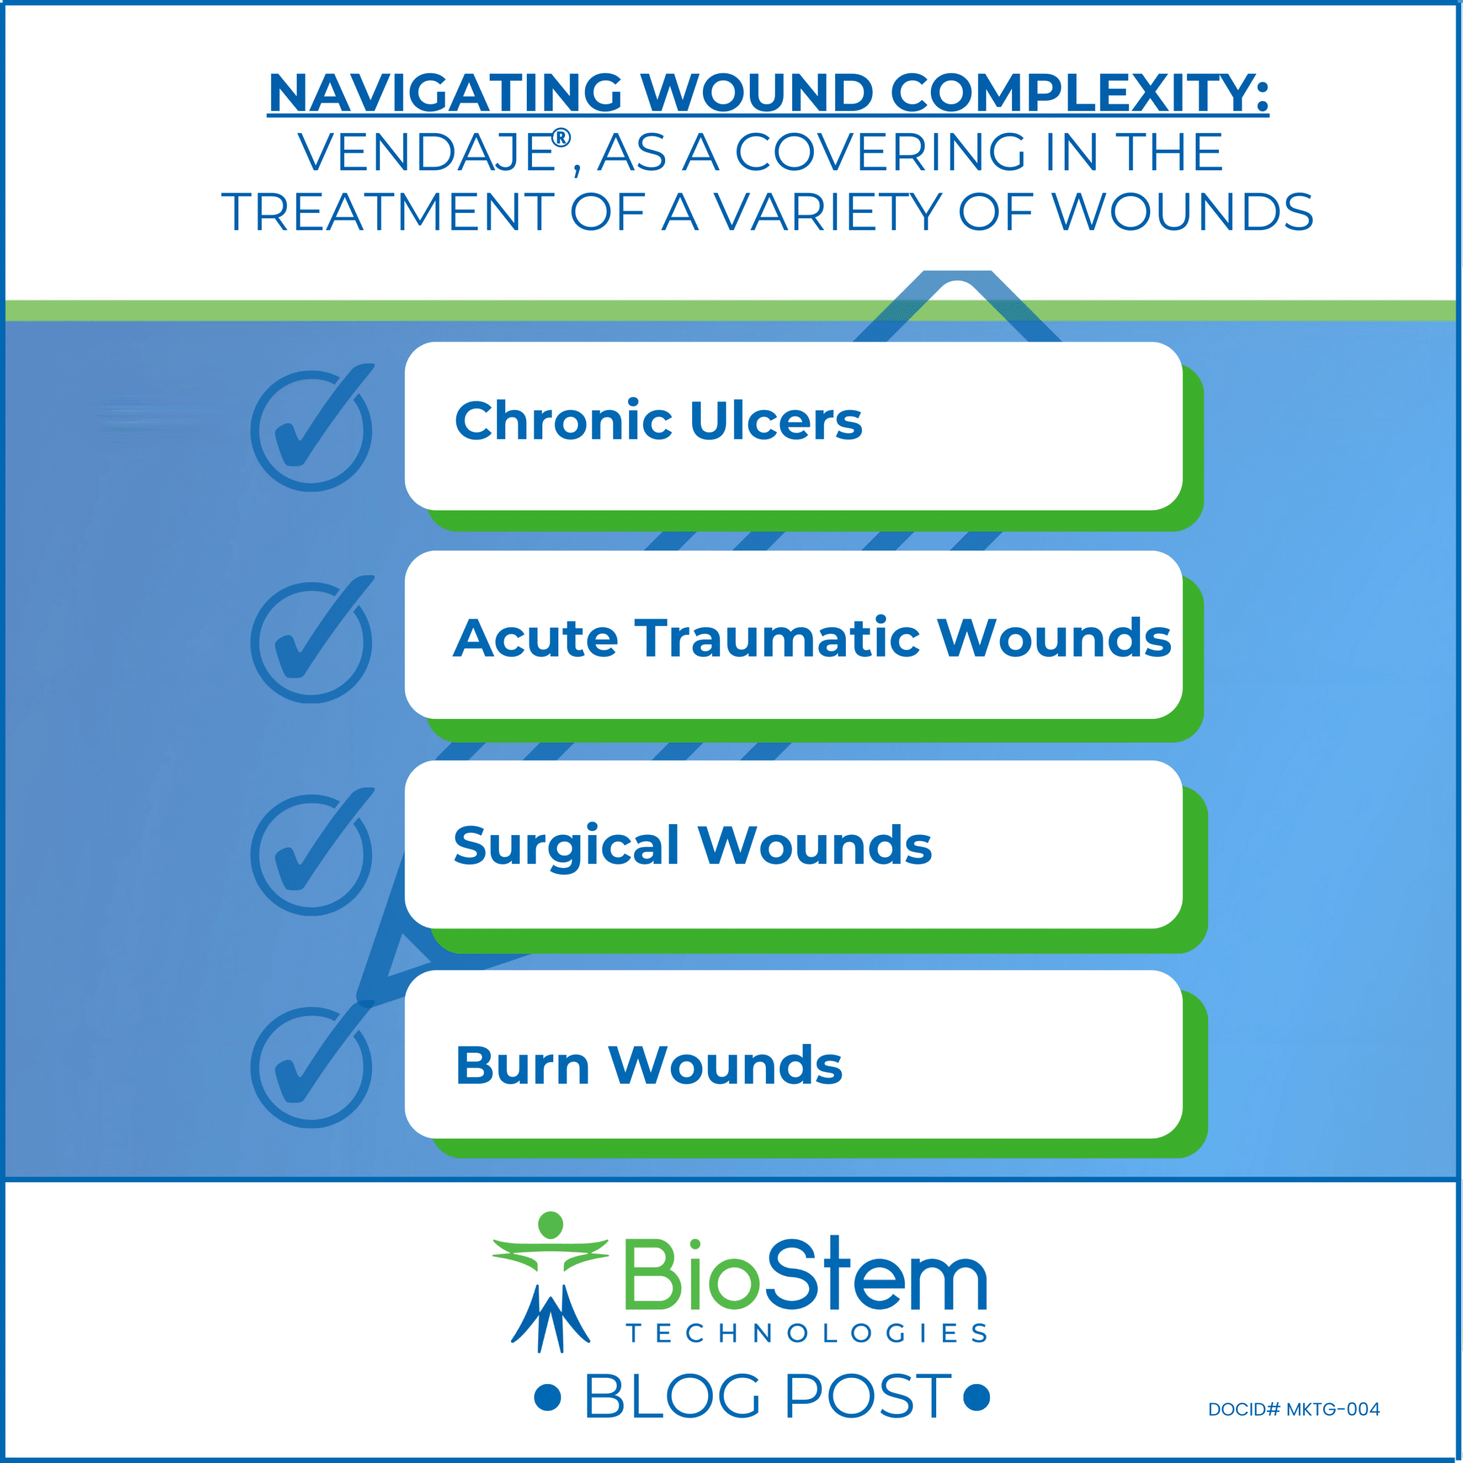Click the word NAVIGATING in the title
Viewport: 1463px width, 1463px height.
tap(445, 93)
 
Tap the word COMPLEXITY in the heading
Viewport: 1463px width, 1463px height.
tap(1079, 93)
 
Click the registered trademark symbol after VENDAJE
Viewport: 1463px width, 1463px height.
tap(561, 138)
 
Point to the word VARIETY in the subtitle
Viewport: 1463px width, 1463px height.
tap(828, 212)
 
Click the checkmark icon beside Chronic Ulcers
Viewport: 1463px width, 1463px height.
tap(312, 429)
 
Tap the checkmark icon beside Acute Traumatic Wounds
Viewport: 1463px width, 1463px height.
tap(312, 641)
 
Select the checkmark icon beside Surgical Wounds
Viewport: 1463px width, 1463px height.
tap(312, 853)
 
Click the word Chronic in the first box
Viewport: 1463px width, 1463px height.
tap(563, 421)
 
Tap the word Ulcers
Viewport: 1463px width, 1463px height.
tap(776, 421)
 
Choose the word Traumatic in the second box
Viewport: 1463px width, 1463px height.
tap(777, 638)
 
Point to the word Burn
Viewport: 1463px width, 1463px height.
tap(522, 1065)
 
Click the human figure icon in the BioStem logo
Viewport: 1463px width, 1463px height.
tap(550, 1281)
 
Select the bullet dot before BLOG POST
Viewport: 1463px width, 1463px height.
tap(547, 1397)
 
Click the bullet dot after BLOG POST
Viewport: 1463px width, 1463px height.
tap(977, 1397)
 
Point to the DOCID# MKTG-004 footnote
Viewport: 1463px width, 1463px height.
tap(1293, 1409)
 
